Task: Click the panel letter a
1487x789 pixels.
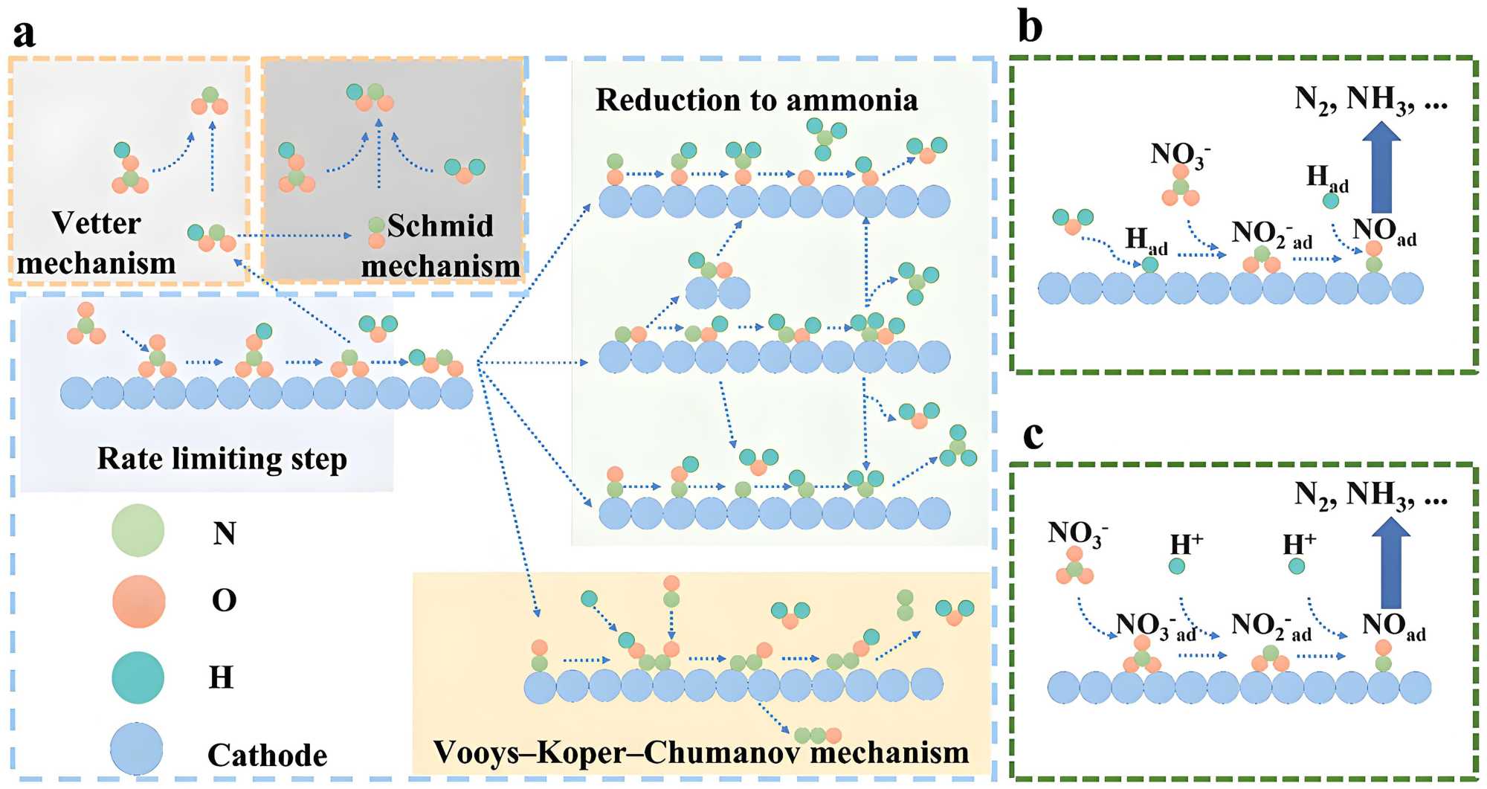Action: point(25,33)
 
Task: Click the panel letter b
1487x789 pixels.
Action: point(1030,28)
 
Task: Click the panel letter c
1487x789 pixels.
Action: point(1033,435)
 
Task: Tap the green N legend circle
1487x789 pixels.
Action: point(138,531)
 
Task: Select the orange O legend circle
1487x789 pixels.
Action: point(138,601)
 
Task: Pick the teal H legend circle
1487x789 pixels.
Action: point(138,677)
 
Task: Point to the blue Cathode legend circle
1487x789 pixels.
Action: point(137,750)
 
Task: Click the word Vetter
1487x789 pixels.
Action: point(96,223)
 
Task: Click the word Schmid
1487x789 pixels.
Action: point(440,225)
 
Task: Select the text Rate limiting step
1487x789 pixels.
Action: point(222,459)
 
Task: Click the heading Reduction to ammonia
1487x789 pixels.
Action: point(756,100)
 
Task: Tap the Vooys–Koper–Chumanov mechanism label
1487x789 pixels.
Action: point(700,753)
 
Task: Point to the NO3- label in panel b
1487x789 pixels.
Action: point(1180,155)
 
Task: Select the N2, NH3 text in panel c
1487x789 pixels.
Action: point(1371,495)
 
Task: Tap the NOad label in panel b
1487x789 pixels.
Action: point(1384,231)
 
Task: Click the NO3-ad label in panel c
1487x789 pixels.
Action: point(1155,627)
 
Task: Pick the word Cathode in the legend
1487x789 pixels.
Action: point(267,755)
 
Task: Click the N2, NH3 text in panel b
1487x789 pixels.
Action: point(1371,99)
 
